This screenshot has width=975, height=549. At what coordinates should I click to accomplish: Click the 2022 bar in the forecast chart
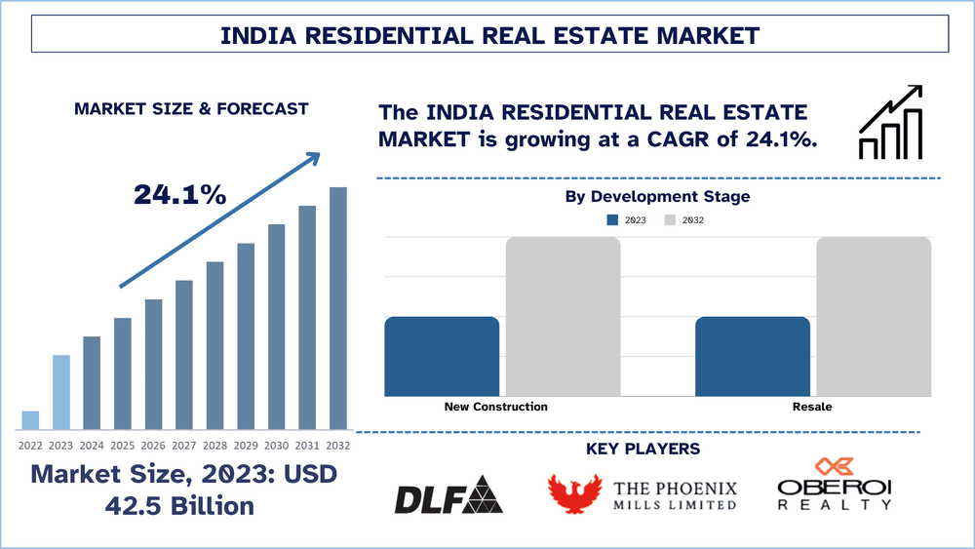(30, 420)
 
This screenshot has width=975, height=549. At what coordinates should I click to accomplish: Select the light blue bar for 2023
(61, 392)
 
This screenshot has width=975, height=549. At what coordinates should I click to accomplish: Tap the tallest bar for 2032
(338, 308)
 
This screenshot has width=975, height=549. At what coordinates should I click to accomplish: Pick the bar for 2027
(184, 355)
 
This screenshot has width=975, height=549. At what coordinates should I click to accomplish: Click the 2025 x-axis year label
(122, 445)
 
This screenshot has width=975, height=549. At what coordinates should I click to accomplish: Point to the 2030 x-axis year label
(276, 445)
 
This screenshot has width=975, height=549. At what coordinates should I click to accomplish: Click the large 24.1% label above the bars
(180, 195)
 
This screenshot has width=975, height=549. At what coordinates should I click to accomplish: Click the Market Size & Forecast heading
(191, 109)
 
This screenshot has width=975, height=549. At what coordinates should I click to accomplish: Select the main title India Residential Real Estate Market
(489, 36)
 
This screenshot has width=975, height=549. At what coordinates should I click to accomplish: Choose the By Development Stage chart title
(657, 197)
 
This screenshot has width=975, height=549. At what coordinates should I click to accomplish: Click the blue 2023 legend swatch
(612, 220)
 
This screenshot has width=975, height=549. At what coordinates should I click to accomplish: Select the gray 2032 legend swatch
(670, 220)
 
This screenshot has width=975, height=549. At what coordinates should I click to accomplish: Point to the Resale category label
(812, 407)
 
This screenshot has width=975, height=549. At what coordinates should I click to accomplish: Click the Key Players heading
(643, 450)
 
